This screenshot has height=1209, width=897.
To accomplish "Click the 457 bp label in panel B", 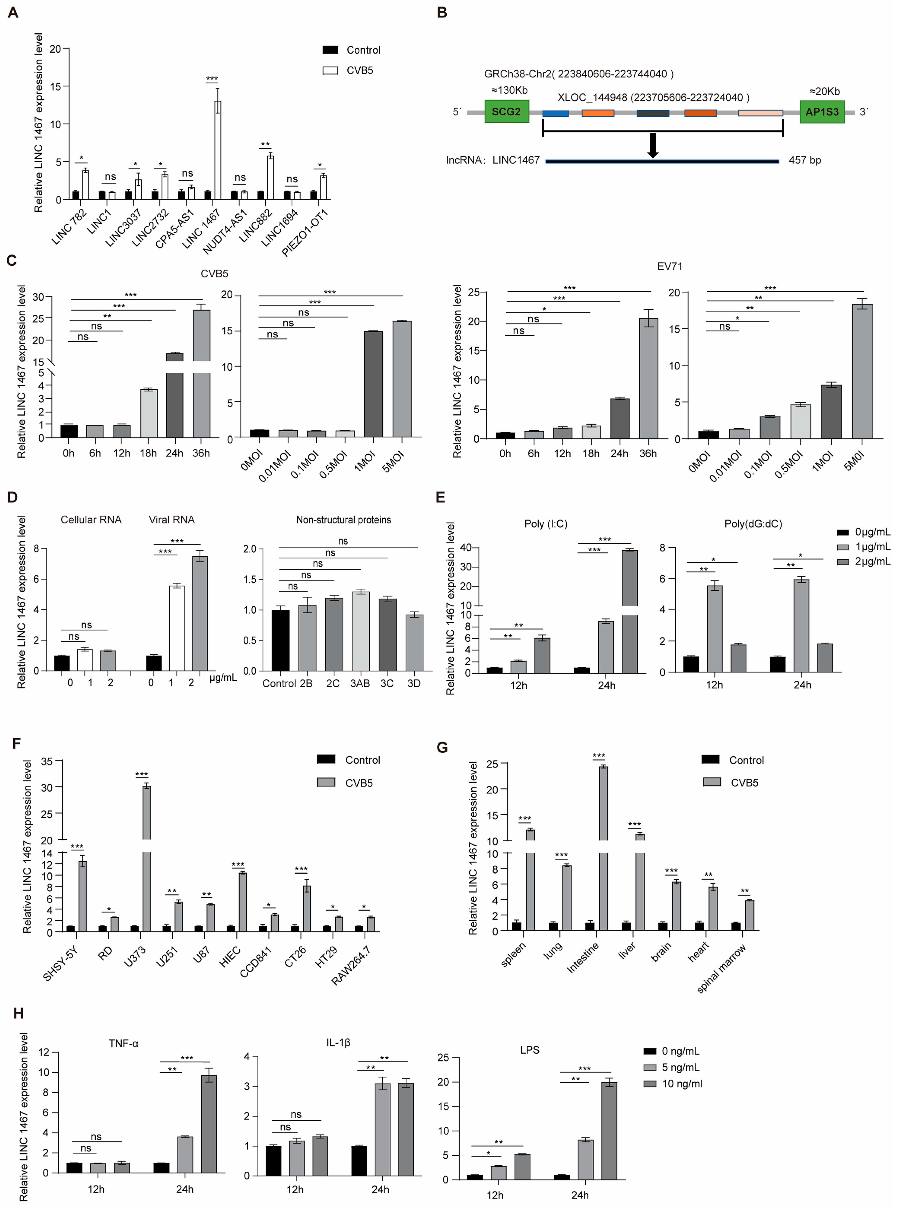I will pyautogui.click(x=805, y=160).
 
